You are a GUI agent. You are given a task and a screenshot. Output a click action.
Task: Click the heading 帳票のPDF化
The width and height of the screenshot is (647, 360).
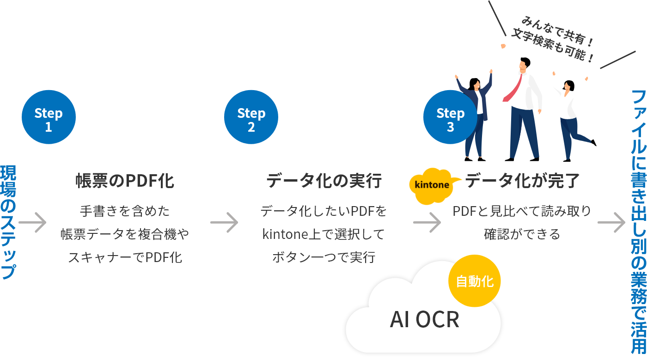click(x=125, y=181)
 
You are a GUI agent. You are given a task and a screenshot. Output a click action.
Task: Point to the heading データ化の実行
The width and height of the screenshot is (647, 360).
click(x=324, y=181)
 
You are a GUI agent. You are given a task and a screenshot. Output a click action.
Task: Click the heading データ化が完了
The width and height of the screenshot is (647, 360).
click(x=522, y=181)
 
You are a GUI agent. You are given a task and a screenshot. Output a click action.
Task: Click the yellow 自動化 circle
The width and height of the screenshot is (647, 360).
click(x=475, y=281)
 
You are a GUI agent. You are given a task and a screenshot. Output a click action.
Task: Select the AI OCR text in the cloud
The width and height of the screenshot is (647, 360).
click(x=424, y=319)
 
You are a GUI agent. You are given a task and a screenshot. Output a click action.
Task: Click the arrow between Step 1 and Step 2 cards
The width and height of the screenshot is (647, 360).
click(x=224, y=223)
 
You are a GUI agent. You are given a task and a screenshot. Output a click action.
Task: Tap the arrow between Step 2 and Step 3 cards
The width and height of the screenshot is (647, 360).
click(x=427, y=223)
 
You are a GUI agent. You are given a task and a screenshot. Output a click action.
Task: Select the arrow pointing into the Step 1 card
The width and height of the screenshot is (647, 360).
click(x=32, y=223)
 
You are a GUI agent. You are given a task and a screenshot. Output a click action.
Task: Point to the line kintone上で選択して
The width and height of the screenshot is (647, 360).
click(x=323, y=234)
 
